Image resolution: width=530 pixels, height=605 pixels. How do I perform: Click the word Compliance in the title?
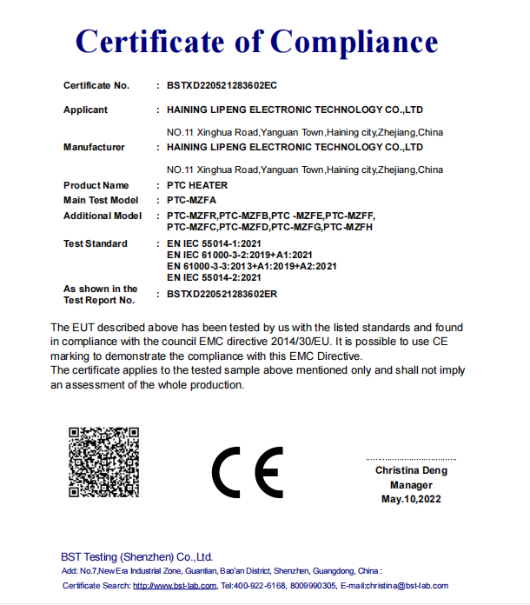(x=353, y=40)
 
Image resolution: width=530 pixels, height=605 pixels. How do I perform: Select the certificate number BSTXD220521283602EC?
(x=222, y=85)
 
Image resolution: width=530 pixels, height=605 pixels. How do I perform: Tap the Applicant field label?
(x=85, y=110)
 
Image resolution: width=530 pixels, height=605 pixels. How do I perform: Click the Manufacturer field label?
(x=94, y=147)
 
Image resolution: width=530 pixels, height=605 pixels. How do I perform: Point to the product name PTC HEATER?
(x=197, y=185)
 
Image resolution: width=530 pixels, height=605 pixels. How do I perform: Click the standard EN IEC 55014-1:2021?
(x=214, y=243)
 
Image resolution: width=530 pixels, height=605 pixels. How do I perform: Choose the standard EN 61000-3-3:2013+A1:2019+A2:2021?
(x=251, y=266)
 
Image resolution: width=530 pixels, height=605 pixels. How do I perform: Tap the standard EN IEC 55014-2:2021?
(x=214, y=277)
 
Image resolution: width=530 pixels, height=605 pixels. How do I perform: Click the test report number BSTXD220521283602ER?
(x=222, y=294)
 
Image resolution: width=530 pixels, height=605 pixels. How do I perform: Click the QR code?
(x=104, y=462)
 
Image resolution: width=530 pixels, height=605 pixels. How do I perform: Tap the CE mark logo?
(x=248, y=473)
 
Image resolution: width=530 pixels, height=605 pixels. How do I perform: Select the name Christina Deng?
(x=411, y=469)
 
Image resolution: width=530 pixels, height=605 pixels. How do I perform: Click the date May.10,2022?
(x=411, y=499)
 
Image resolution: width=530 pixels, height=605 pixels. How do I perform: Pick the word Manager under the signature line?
(x=411, y=484)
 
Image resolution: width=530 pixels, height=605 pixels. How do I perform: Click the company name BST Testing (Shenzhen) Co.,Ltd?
(x=137, y=556)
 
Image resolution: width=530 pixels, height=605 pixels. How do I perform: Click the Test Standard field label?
(x=96, y=243)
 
